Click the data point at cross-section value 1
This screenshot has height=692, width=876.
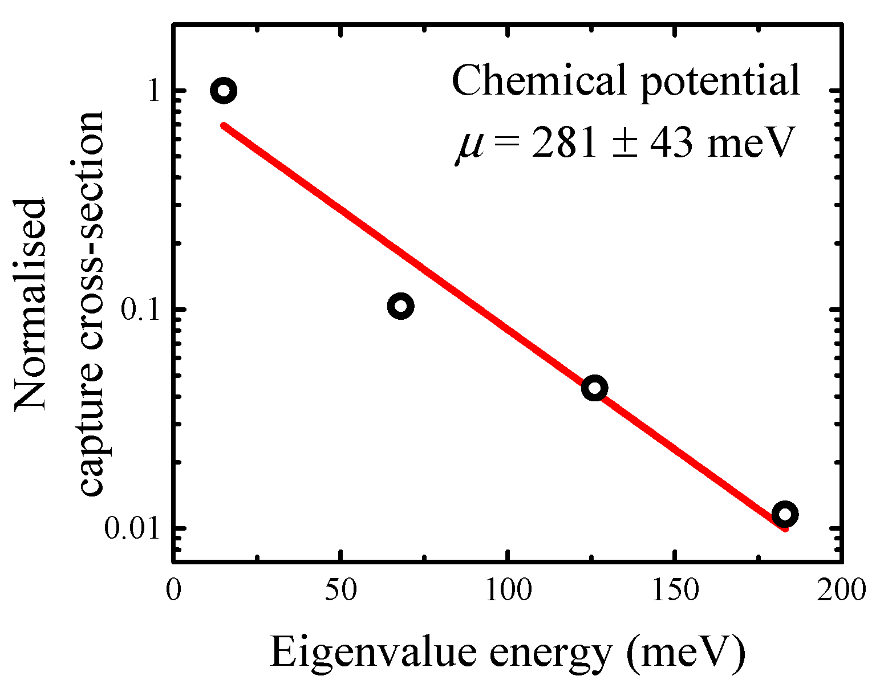[224, 91]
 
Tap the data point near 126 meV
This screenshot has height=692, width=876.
[594, 388]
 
